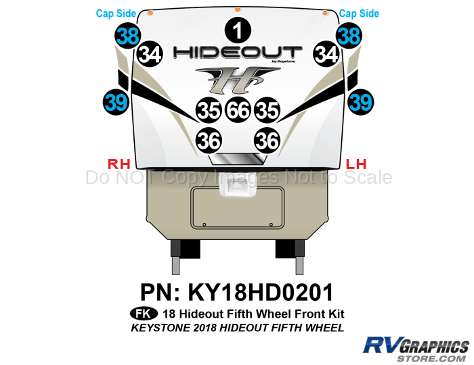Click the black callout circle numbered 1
coord(237,30)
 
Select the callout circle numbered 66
coord(238,110)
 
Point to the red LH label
coord(356,163)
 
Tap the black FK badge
coord(142,314)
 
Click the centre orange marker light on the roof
coord(237,9)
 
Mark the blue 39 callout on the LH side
coord(360,102)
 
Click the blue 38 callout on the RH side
coord(127,35)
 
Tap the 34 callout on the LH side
coord(326,54)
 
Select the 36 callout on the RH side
coord(209,140)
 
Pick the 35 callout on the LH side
coord(267,110)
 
